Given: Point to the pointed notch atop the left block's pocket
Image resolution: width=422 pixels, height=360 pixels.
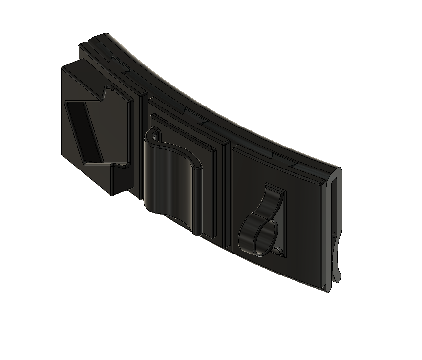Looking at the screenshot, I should point(105,92).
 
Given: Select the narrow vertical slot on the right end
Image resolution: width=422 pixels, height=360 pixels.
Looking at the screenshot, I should point(334,215).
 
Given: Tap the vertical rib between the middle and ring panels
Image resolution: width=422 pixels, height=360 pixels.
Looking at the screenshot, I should point(226,195).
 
